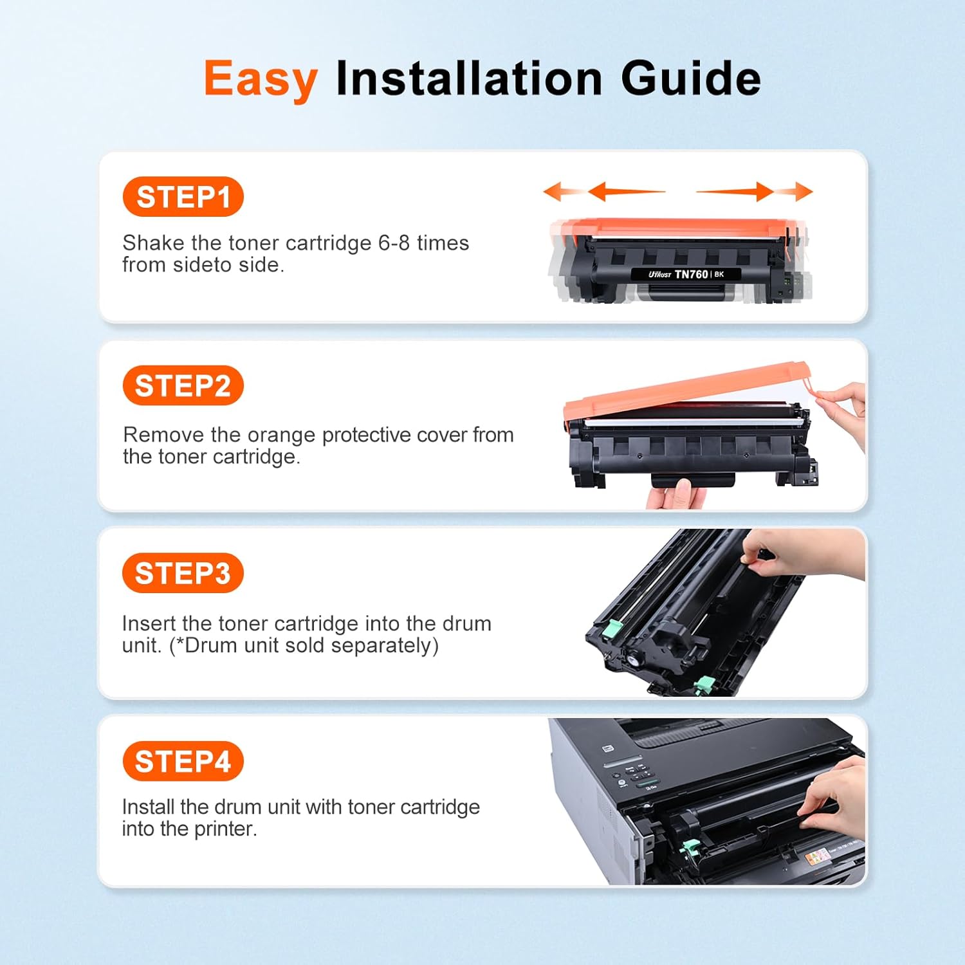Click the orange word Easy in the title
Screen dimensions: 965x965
pyautogui.click(x=261, y=79)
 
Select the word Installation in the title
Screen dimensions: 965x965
pyautogui.click(x=469, y=78)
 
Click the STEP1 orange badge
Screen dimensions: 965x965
pyautogui.click(x=183, y=197)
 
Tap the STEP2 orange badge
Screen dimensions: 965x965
pyautogui.click(x=183, y=386)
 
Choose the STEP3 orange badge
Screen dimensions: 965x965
pyautogui.click(x=183, y=573)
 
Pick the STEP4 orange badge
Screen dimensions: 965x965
pyautogui.click(x=183, y=762)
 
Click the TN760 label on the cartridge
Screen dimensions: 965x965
pyautogui.click(x=691, y=274)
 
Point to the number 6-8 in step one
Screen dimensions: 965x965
pyautogui.click(x=394, y=243)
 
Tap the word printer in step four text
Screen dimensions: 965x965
pyautogui.click(x=225, y=829)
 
